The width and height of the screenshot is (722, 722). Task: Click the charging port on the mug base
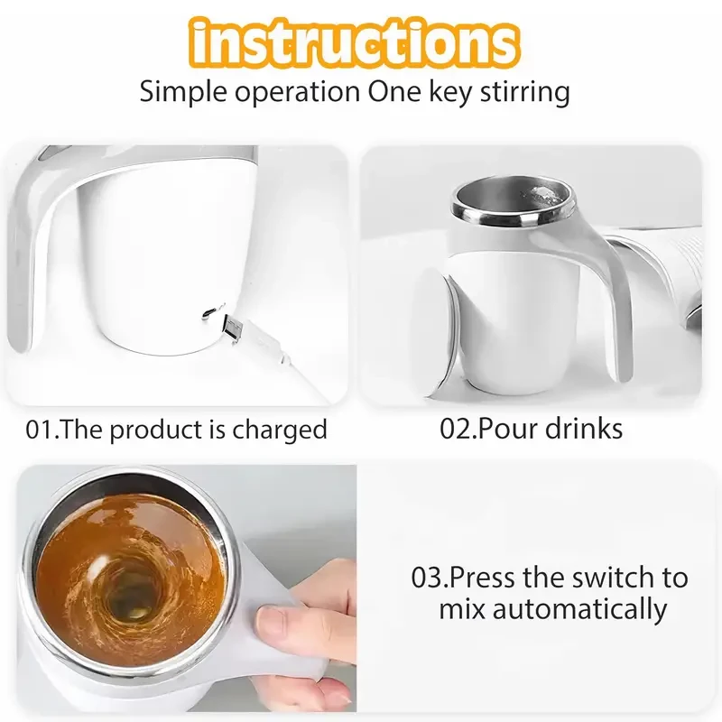(208, 312)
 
